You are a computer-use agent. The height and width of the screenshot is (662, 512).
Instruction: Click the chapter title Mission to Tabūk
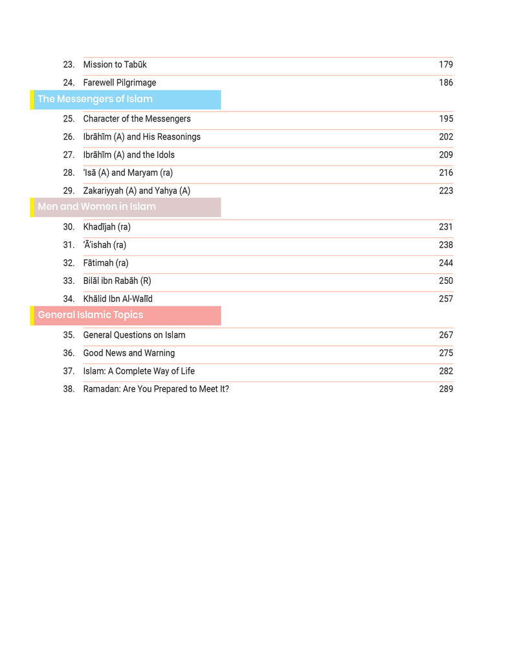115,65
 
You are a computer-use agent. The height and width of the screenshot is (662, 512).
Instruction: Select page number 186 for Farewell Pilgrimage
445,83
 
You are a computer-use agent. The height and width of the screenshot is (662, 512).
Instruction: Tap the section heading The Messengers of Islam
95,100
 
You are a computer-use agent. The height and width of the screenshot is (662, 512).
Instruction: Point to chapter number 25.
69,119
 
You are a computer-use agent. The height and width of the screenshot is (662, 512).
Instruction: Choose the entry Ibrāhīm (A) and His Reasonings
142,137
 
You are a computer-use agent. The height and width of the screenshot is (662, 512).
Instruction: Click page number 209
445,155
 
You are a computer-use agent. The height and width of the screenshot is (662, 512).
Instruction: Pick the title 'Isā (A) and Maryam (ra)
128,173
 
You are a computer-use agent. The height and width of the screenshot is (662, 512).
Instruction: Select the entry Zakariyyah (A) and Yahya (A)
137,191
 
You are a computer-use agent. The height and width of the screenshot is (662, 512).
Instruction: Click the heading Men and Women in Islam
96,207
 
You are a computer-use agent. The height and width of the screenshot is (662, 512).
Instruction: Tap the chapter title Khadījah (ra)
107,227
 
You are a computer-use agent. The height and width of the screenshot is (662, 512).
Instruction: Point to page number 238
445,245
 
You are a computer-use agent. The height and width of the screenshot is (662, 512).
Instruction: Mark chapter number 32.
69,263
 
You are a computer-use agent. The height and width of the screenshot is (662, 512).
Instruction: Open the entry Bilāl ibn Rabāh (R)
117,281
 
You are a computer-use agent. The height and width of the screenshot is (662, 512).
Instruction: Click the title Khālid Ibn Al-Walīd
118,299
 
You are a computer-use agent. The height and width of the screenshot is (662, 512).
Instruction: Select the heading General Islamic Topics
91,315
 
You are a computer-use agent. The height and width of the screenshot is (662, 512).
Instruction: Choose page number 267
445,335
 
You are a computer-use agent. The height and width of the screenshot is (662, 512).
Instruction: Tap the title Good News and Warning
129,353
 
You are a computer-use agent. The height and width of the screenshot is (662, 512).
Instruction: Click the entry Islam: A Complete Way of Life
139,371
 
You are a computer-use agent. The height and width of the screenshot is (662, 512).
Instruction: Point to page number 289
445,389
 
